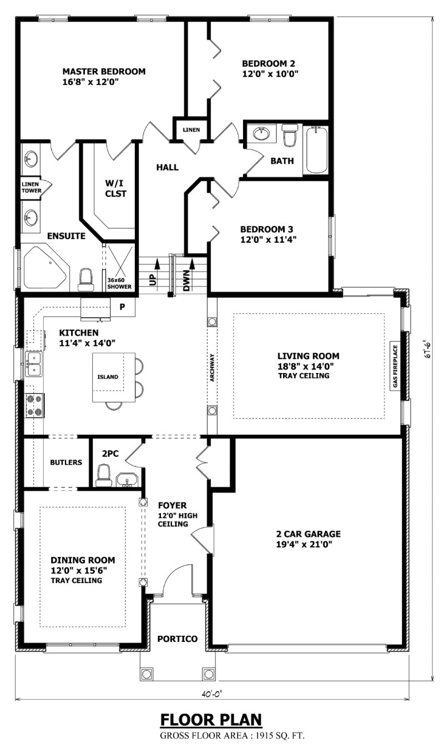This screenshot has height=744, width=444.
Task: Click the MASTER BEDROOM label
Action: pos(104,72)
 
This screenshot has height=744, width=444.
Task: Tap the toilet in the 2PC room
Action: pos(104,476)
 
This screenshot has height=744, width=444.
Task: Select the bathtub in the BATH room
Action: pos(316,150)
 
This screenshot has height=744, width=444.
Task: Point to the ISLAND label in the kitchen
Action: pos(108,377)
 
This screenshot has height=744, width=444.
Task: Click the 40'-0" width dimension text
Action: pos(211,692)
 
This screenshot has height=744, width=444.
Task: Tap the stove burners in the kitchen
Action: pos(34,405)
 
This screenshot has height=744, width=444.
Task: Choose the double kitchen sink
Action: pos(33,364)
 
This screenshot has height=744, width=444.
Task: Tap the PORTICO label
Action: pos(177,639)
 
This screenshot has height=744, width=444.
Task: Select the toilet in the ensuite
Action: pos(85,280)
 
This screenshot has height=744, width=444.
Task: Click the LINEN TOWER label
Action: pos(31,187)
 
